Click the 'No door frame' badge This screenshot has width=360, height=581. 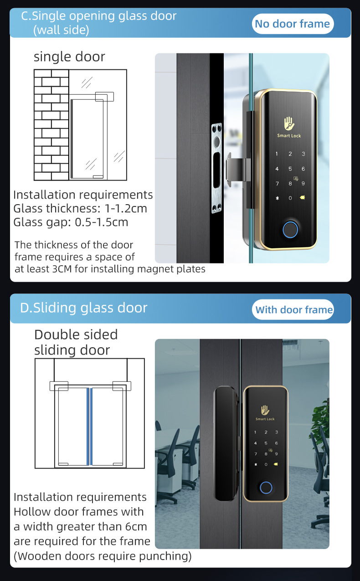point(293,24)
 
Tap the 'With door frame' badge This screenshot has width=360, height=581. point(293,309)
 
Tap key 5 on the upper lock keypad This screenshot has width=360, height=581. point(290,169)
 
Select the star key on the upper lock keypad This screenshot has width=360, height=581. point(277,198)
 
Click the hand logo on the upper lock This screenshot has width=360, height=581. point(289,123)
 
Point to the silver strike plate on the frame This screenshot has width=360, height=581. point(216,168)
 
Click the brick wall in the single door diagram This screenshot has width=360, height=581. point(51,125)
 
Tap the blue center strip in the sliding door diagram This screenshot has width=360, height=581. point(89,427)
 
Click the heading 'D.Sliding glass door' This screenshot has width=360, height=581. point(83,308)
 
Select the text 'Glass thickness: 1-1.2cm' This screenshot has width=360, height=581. point(80,209)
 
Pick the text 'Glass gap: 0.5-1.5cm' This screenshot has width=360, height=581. point(71,222)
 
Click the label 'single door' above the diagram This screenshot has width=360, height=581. point(70,57)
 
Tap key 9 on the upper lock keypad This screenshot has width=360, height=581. point(303,184)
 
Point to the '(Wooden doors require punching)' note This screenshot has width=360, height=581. point(103,556)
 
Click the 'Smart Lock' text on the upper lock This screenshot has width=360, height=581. point(289,136)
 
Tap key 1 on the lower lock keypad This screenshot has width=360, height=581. point(255,432)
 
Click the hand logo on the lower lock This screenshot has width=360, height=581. point(265,410)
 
